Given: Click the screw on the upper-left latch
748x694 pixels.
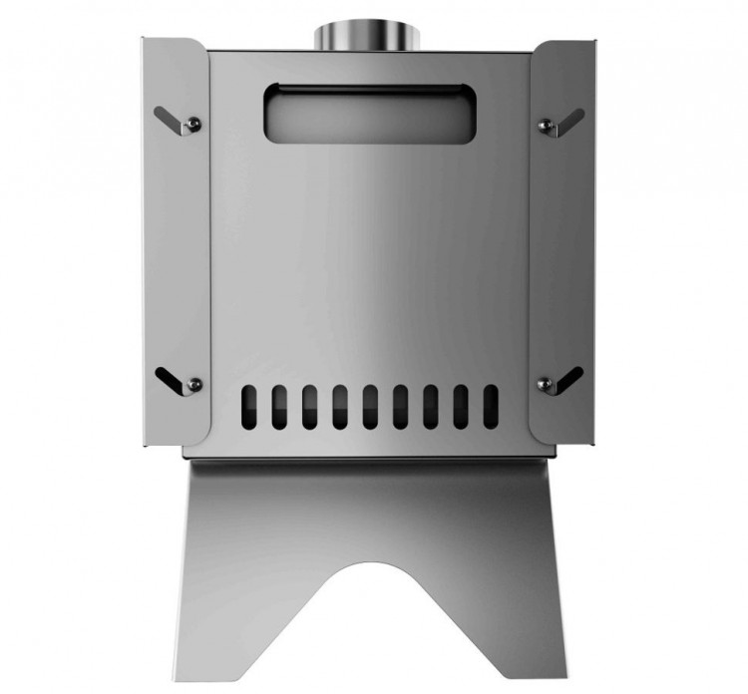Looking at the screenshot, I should click(195, 124).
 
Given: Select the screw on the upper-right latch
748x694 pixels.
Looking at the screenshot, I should click(545, 124).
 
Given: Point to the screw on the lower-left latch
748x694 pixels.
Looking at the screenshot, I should click(195, 383).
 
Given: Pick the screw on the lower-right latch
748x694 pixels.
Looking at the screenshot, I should click(545, 383).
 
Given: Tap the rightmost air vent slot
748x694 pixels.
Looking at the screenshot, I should click(491, 405).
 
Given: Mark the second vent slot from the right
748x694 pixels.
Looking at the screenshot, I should click(461, 405).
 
